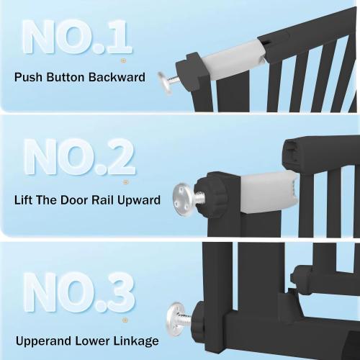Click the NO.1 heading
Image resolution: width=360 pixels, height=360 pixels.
tap(76, 37)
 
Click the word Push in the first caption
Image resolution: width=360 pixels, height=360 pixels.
tap(27, 77)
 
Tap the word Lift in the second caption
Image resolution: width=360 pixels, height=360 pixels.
tap(24, 200)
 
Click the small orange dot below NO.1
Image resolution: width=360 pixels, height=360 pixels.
tap(122, 60)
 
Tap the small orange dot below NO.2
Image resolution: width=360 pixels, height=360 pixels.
tap(128, 180)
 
